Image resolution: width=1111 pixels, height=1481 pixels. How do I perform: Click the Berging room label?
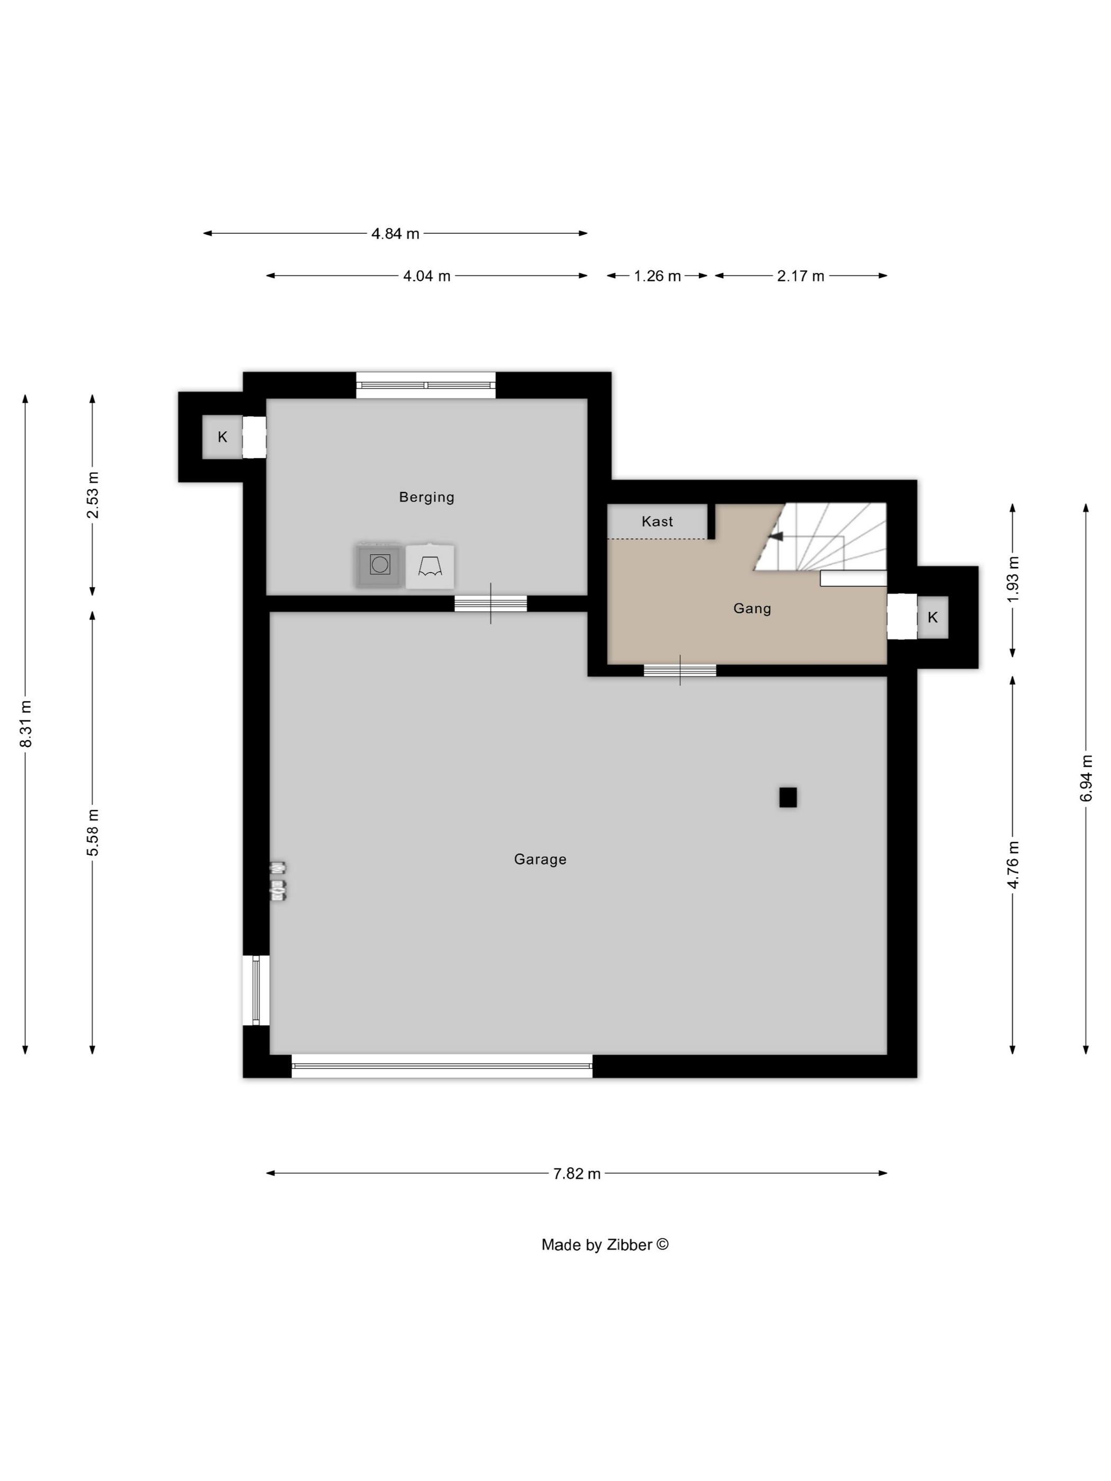click(426, 497)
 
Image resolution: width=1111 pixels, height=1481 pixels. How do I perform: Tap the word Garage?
click(540, 859)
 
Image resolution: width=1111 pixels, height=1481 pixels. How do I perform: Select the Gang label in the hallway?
click(752, 609)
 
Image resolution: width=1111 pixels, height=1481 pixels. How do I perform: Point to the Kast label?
click(657, 522)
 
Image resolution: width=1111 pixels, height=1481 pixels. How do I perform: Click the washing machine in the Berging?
click(379, 565)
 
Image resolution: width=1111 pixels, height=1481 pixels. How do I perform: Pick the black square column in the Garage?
click(788, 798)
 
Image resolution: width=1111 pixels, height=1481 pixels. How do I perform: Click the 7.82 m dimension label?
click(577, 1174)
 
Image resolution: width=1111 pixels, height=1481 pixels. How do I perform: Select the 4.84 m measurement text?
click(395, 234)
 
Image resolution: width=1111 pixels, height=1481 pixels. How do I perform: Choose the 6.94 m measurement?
click(1086, 778)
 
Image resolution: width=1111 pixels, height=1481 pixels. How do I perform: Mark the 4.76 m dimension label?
click(1013, 865)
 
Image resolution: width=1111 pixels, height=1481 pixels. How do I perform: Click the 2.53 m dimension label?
click(93, 495)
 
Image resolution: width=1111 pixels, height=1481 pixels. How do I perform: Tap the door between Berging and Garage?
click(491, 604)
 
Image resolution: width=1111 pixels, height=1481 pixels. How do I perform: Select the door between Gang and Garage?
click(680, 670)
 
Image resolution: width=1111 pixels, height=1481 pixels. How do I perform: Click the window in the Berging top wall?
click(426, 385)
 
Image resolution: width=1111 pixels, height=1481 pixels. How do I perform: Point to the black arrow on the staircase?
click(776, 536)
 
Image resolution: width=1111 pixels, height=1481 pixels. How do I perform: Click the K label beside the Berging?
click(222, 437)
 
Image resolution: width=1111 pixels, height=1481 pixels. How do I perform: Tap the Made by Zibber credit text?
click(605, 1245)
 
